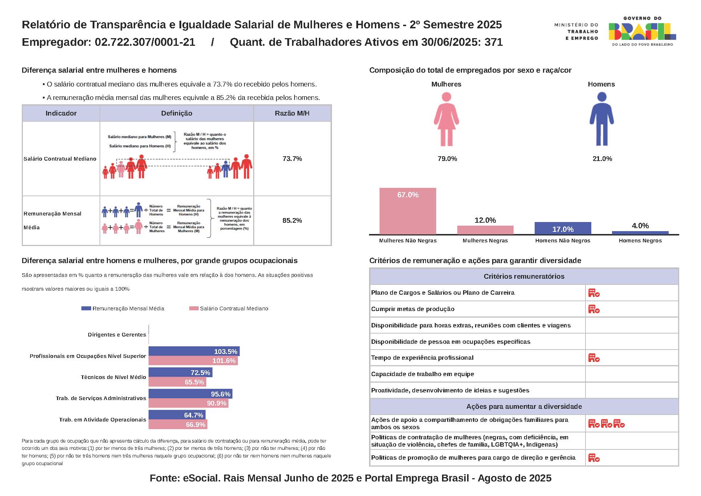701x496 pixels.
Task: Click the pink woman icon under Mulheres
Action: point(446,119)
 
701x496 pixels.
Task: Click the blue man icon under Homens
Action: point(601,119)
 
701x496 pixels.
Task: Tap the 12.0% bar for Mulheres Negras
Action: point(485,230)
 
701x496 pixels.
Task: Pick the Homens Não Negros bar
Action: point(563,228)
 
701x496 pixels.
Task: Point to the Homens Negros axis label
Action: point(640,241)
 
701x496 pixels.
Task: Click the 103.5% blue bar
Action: point(194,351)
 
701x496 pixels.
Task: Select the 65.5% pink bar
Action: point(177,382)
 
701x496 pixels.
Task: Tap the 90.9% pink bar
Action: point(188,403)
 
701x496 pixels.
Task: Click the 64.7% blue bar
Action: point(177,415)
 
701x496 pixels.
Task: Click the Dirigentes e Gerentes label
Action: point(117,335)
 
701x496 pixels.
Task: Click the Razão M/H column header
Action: point(292,113)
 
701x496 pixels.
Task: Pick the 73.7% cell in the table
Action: point(292,159)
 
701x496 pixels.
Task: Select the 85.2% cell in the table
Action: point(292,221)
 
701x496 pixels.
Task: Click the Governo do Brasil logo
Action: point(642,31)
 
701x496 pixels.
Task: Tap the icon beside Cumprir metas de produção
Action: point(594,309)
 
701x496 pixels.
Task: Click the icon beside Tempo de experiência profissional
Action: point(594,358)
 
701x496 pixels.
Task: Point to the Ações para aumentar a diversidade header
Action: point(524,407)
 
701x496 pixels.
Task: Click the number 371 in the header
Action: point(494,42)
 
